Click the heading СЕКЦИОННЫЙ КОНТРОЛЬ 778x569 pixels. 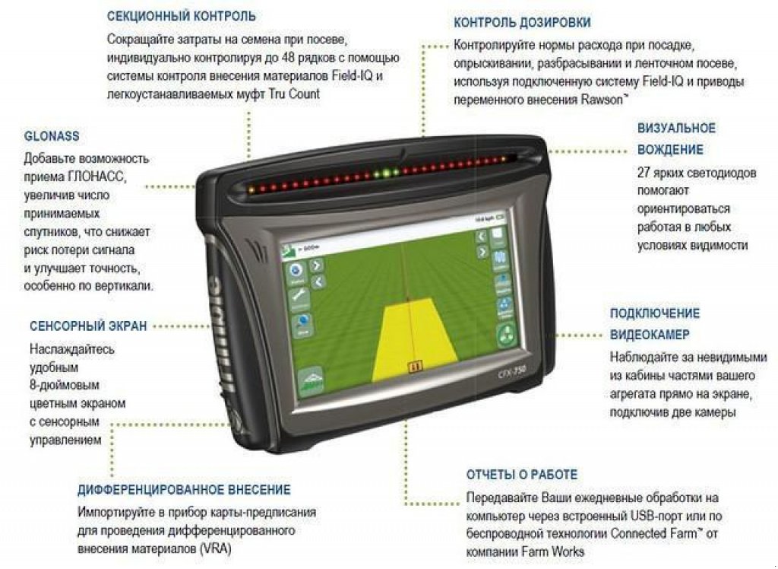click(x=181, y=16)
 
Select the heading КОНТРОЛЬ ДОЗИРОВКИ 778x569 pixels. click(x=522, y=23)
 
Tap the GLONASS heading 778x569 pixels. click(x=52, y=136)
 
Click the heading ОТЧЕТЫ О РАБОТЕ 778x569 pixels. click(x=522, y=475)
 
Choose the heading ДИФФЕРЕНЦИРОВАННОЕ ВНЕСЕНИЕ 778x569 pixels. click(x=184, y=490)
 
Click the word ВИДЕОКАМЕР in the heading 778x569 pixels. click(x=650, y=335)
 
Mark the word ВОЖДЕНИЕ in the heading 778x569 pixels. click(x=670, y=150)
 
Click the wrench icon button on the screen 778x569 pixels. click(x=297, y=293)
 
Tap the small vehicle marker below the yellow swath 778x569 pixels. click(x=415, y=367)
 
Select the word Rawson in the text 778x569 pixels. click(x=601, y=100)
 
